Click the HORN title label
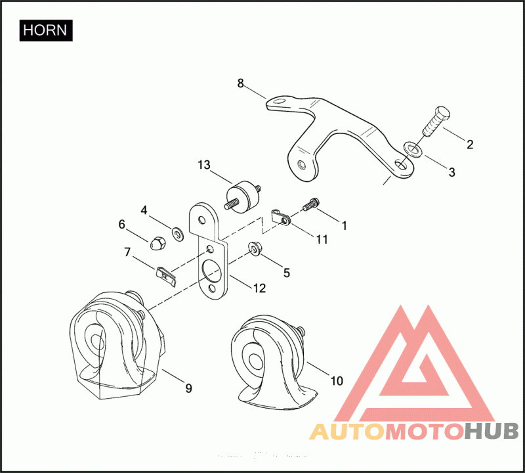click(46, 31)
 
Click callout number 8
click(240, 83)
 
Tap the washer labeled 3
click(411, 149)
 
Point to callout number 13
click(203, 164)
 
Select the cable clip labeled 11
click(281, 215)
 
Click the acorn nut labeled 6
click(157, 241)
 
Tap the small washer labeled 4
click(177, 232)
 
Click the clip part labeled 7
click(166, 275)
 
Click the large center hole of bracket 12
click(212, 269)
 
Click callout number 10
click(336, 380)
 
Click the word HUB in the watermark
click(492, 432)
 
